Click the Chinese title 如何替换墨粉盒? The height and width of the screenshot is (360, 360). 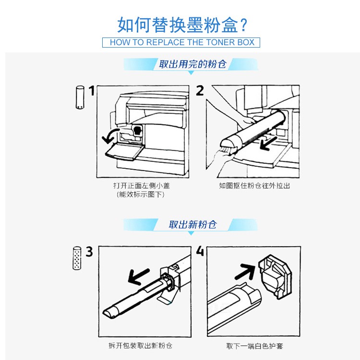tap(182, 25)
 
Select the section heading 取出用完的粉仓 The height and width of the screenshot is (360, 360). tap(193, 64)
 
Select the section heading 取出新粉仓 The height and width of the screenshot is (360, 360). tap(192, 224)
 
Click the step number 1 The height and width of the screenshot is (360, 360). tap(92, 90)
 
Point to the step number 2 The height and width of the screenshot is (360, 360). tap(200, 90)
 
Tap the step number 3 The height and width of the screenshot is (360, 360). tap(89, 251)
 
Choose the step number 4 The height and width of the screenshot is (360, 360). tap(200, 251)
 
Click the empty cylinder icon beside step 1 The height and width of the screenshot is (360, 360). tap(80, 97)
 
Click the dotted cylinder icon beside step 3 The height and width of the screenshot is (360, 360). tap(77, 258)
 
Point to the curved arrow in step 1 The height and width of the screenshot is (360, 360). tap(109, 136)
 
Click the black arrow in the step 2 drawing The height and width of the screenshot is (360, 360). tap(269, 144)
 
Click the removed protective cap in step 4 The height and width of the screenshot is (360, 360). tap(275, 276)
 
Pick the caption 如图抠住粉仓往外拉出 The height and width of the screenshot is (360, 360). tap(254, 186)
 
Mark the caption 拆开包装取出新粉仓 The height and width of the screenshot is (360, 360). tap(141, 346)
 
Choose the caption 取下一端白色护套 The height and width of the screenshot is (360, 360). tap(254, 346)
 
